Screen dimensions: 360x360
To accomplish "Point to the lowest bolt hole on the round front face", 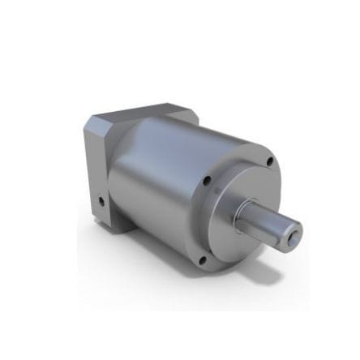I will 203,260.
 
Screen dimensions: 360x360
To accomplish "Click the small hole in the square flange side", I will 101,199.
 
